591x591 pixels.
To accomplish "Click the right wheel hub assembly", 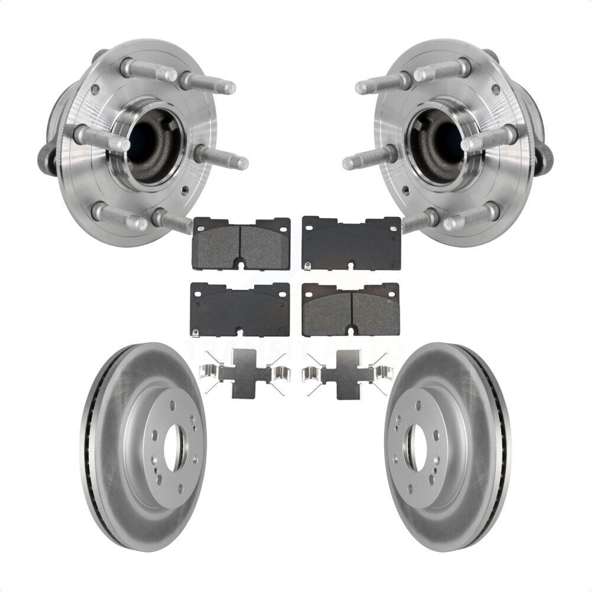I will [x=455, y=142].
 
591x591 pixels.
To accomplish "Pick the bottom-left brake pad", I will [x=240, y=309].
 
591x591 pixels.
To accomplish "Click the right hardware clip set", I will [x=345, y=374].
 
